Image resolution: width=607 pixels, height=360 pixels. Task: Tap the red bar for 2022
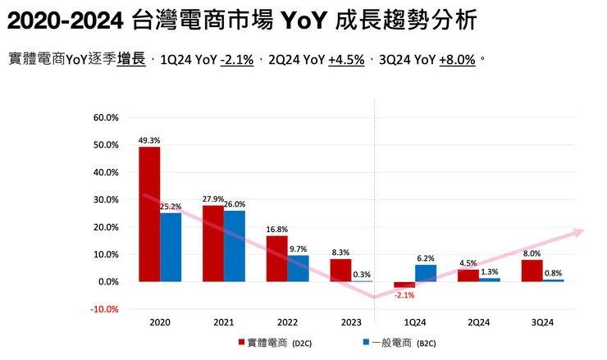coord(277,258)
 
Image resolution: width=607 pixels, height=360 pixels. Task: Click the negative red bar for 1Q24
coord(404,285)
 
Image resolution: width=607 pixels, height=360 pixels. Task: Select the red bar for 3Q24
coord(532,271)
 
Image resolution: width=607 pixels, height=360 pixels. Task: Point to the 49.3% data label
coord(148,140)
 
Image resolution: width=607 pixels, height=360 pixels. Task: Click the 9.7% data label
coord(299,248)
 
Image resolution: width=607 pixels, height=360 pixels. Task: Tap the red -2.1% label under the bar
coord(403,295)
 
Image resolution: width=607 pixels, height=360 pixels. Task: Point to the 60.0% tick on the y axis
coord(107,118)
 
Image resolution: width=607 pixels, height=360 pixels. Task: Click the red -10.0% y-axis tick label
coord(106,309)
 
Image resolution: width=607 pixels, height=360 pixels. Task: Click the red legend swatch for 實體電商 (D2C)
coord(241,343)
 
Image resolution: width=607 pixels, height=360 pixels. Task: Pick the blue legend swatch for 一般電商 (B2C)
coord(363,343)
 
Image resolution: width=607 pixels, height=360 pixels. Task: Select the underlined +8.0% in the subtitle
coord(458,59)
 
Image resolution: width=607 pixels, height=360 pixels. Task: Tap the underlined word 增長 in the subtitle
coord(131,59)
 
